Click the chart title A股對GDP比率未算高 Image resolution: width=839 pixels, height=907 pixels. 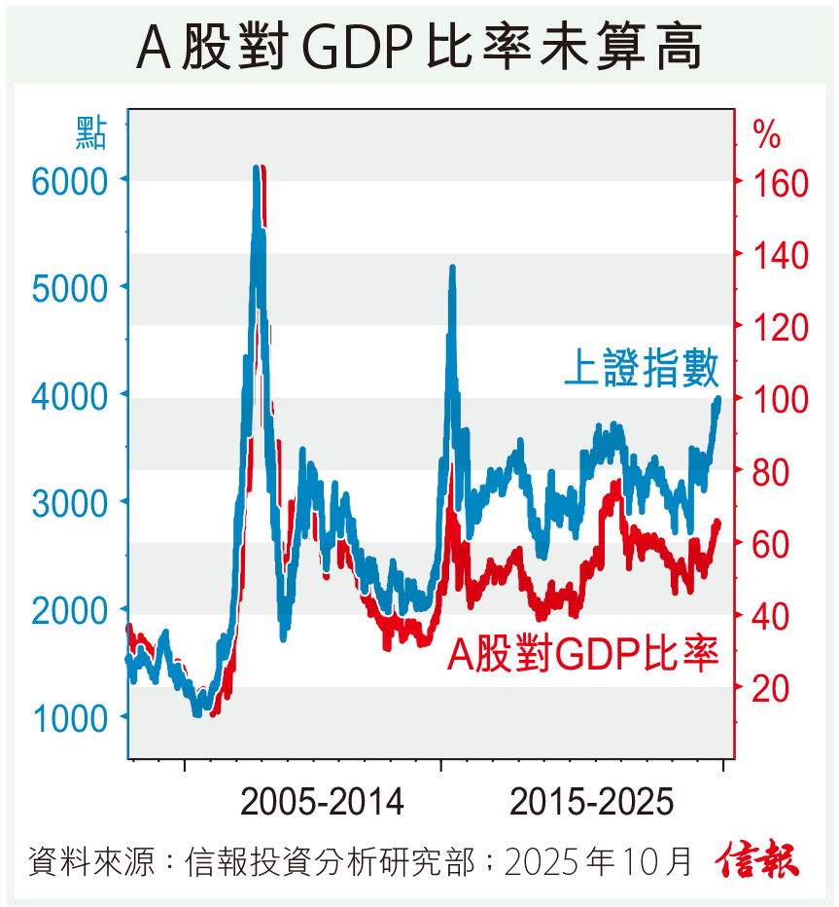[x=419, y=47]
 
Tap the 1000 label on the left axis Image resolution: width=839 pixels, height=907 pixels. [x=74, y=719]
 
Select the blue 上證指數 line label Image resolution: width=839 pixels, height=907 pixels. [x=643, y=370]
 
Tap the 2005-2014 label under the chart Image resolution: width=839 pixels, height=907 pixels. [x=322, y=803]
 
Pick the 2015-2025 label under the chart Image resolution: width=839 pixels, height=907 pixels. [x=591, y=803]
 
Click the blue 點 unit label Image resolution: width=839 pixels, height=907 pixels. [x=90, y=131]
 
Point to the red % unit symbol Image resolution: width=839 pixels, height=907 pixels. [x=767, y=136]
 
